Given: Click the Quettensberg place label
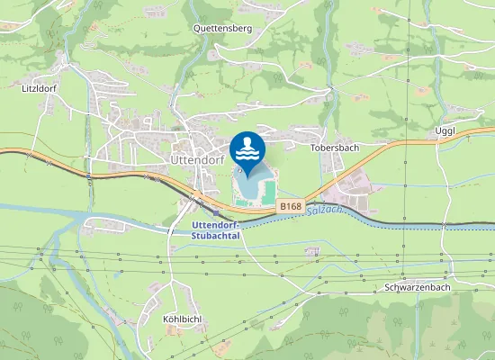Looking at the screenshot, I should coord(222,28).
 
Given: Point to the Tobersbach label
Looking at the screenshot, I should coord(335,147).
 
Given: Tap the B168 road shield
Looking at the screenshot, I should coord(289,206).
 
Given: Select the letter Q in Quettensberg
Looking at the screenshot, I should coord(198,28).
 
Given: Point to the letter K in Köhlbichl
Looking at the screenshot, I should coord(166,319).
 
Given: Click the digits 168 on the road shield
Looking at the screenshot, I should coord(292,206).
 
